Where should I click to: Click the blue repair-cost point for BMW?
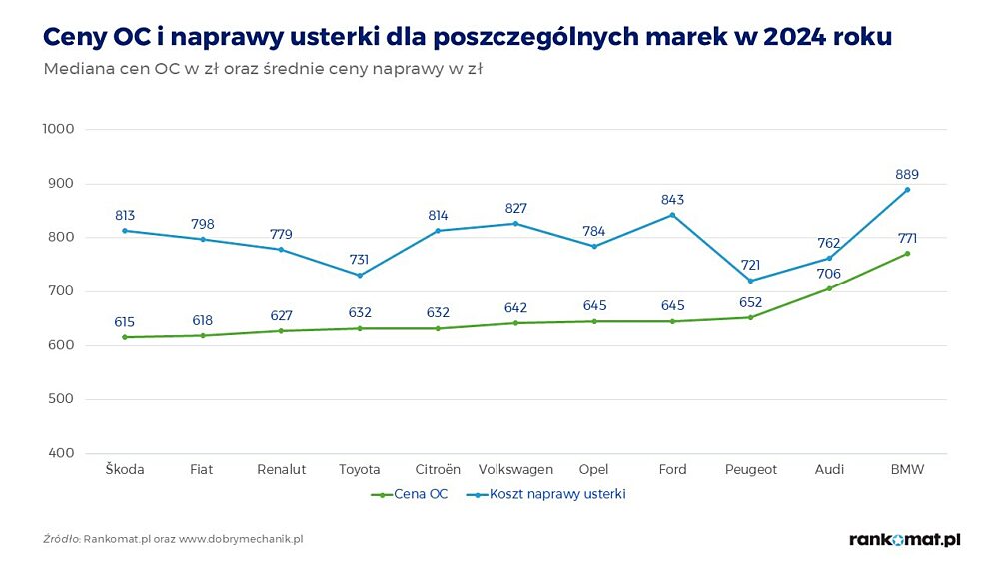click(907, 190)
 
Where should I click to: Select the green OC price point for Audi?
click(829, 288)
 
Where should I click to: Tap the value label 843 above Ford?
click(673, 200)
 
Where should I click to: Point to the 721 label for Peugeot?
click(750, 266)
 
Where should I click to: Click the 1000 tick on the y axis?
click(59, 129)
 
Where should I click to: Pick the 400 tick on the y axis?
click(63, 453)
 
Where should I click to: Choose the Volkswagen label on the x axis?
click(515, 469)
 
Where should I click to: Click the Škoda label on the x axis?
click(125, 469)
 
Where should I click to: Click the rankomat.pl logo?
click(904, 539)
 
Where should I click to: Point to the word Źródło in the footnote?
click(62, 539)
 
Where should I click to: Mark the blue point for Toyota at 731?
click(359, 275)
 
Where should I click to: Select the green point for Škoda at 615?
click(125, 337)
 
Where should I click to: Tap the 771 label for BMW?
click(907, 238)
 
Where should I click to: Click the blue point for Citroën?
click(438, 231)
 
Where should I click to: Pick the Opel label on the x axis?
click(594, 469)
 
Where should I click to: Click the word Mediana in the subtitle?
click(77, 70)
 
